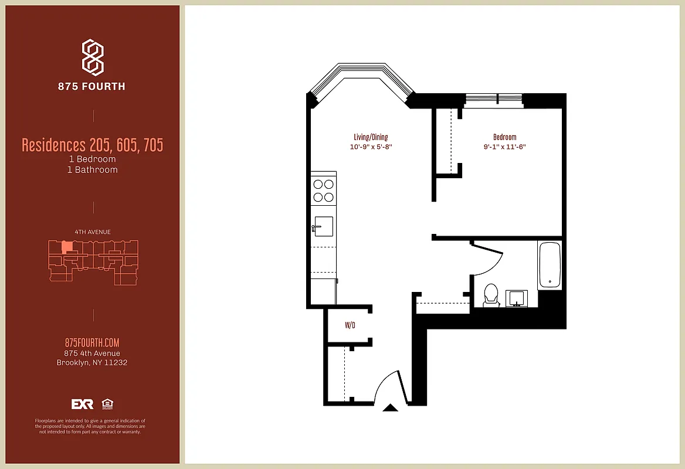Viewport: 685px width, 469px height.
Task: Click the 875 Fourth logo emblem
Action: [x=92, y=57]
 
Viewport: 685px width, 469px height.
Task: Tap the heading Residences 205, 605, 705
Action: [x=92, y=145]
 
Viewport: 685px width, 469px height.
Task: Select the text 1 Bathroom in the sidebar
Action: [x=92, y=170]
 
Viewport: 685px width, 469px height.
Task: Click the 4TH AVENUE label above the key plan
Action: [x=93, y=232]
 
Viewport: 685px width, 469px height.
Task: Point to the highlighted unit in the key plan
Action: [x=67, y=247]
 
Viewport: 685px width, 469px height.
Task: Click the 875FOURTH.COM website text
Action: [x=92, y=343]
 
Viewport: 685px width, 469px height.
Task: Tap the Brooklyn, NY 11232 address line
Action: [x=92, y=362]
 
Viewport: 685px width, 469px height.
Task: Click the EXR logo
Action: [x=82, y=404]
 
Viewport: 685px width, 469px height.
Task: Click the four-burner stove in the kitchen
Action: [x=323, y=189]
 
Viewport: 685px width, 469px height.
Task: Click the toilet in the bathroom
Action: [x=490, y=295]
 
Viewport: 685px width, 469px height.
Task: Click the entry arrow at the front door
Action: [x=389, y=407]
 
